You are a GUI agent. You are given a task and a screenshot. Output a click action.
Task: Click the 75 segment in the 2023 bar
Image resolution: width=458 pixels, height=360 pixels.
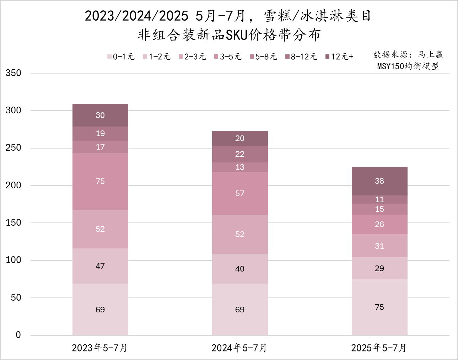tap(100, 181)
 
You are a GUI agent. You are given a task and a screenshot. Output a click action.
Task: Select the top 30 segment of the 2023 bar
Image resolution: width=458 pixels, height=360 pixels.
tap(100, 115)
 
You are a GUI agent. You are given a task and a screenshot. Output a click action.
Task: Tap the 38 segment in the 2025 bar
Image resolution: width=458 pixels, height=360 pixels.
tap(379, 181)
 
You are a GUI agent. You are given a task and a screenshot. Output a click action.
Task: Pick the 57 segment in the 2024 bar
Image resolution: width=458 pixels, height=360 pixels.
tap(240, 193)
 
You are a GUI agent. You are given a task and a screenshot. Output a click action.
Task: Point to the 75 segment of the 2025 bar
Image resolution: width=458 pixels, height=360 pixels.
tap(379, 307)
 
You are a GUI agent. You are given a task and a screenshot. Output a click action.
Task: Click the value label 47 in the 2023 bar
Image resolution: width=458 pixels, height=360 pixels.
tap(100, 266)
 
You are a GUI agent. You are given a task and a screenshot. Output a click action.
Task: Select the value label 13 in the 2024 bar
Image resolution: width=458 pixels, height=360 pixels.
tap(240, 167)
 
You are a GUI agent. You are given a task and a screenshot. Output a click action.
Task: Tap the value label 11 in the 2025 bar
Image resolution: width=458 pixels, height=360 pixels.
tap(379, 199)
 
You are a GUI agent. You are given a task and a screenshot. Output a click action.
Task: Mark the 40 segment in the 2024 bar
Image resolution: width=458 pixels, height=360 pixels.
tap(240, 269)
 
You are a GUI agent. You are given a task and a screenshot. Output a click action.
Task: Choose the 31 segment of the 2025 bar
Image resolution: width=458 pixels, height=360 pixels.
tap(379, 246)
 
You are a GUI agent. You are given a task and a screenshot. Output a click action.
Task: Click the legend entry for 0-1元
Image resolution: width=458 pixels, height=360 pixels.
tap(121, 57)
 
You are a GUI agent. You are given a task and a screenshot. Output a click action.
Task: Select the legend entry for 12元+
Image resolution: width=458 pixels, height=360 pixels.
tap(340, 57)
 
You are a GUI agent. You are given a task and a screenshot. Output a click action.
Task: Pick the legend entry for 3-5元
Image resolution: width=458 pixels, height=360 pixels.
tap(228, 57)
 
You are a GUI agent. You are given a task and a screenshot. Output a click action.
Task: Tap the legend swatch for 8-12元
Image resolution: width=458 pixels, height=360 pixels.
tap(287, 57)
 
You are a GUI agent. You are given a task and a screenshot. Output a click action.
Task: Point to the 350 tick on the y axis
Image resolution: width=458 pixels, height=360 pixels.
tap(14, 73)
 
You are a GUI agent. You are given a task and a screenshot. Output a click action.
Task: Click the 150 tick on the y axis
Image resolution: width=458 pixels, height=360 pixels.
tap(14, 223)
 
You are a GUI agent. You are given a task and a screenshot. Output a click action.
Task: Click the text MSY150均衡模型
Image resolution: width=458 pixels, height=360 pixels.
tap(408, 66)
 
